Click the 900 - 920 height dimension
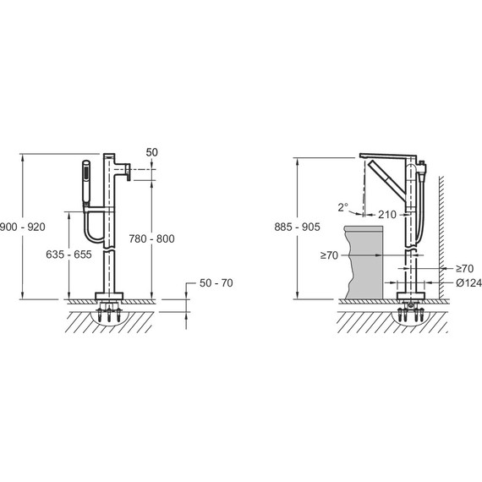pyautogui.click(x=22, y=227)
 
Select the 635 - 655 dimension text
pyautogui.click(x=68, y=255)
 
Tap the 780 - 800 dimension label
pyautogui.click(x=151, y=238)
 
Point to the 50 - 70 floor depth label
pyautogui.click(x=216, y=283)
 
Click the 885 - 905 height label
pyautogui.click(x=297, y=227)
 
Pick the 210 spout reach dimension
pyautogui.click(x=387, y=215)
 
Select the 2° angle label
pyautogui.click(x=343, y=207)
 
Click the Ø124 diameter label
pyautogui.click(x=468, y=282)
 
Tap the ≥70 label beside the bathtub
pyautogui.click(x=329, y=255)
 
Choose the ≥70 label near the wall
pyautogui.click(x=464, y=269)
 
